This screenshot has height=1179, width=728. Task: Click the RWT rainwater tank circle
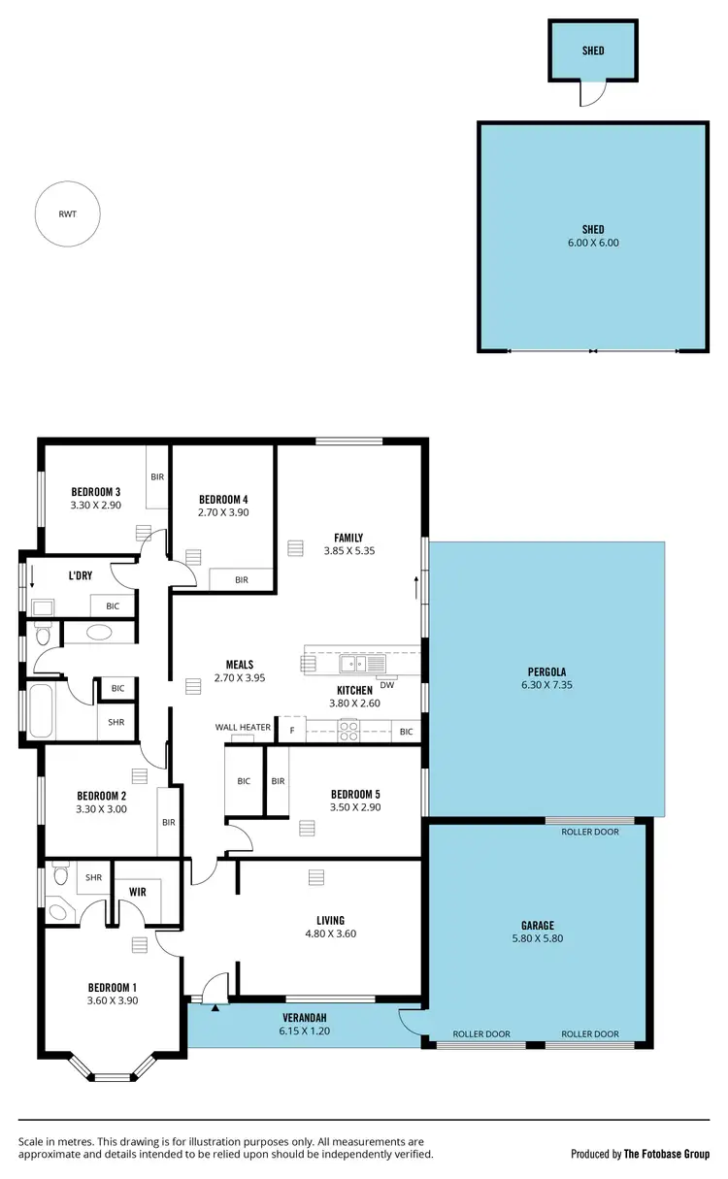[68, 214]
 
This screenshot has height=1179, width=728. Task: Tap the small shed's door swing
[591, 93]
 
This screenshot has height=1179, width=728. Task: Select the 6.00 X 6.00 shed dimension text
[593, 243]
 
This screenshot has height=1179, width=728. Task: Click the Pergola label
[546, 671]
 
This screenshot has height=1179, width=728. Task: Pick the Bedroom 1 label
[114, 987]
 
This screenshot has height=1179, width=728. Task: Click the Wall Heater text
[243, 727]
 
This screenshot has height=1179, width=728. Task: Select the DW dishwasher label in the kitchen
[386, 683]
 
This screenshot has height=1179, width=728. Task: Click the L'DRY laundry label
[81, 575]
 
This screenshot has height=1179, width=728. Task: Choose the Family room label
[348, 538]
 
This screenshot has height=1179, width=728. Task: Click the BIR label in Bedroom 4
[241, 579]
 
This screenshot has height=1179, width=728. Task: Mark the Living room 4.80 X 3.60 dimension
[330, 933]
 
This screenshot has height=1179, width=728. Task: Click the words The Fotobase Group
[666, 1154]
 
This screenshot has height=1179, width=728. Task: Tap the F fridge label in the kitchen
[292, 729]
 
